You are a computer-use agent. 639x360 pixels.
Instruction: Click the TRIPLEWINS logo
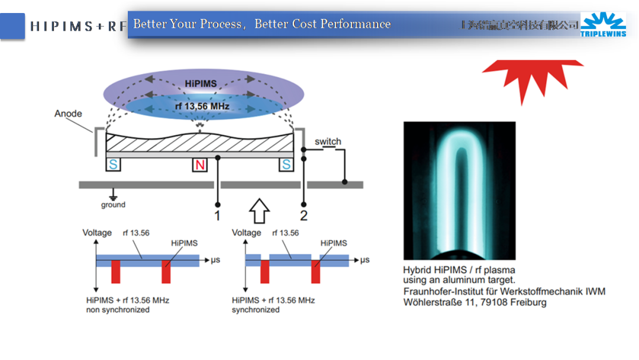click(x=603, y=24)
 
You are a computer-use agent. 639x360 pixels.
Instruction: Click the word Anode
click(x=68, y=114)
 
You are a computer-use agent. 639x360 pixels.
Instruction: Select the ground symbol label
click(x=113, y=205)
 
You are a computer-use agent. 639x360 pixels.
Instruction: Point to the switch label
click(x=328, y=142)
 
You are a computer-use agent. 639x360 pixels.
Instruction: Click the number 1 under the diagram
click(x=217, y=216)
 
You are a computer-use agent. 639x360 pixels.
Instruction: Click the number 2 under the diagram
click(x=304, y=216)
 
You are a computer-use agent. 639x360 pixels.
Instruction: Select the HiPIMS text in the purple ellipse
click(x=200, y=83)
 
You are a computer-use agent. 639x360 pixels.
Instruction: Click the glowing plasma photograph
click(x=459, y=191)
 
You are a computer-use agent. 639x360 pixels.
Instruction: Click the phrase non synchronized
click(x=118, y=310)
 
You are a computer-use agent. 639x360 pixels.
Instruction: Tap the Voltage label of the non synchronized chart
click(x=97, y=233)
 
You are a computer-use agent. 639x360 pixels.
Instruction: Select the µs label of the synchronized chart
click(x=365, y=260)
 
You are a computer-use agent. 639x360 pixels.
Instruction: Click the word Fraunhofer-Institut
click(x=448, y=291)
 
